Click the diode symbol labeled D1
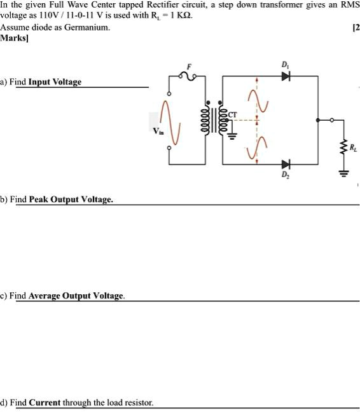286,76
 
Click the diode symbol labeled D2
286,165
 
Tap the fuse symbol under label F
188,76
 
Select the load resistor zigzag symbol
346,147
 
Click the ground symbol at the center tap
232,135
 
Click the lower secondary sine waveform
257,147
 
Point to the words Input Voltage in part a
55,82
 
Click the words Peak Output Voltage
71,200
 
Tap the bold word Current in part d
45,403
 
